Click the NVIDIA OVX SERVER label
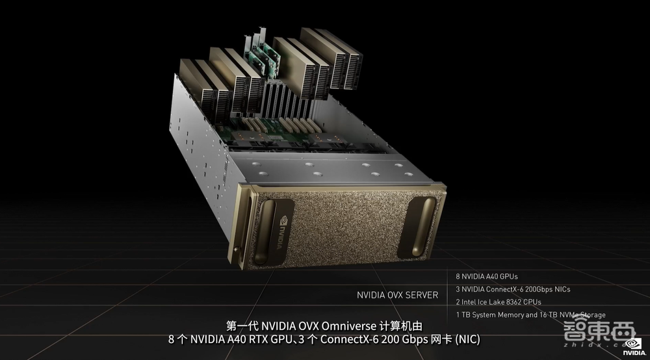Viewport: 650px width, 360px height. click(x=397, y=295)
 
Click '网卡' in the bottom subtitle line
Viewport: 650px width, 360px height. click(x=442, y=340)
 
